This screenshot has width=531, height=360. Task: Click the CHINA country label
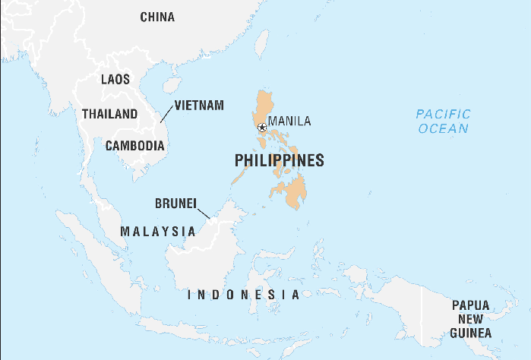(x=157, y=17)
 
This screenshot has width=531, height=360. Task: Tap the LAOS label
(x=115, y=79)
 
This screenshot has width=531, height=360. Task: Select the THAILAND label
(x=110, y=114)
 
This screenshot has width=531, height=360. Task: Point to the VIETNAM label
(x=199, y=105)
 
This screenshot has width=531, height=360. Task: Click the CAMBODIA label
(x=135, y=145)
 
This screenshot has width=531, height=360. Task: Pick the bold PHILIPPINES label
(x=280, y=160)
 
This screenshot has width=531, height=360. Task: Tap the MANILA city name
(x=290, y=121)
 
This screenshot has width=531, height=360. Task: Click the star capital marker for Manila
(x=262, y=128)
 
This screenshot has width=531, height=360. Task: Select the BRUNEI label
(x=175, y=204)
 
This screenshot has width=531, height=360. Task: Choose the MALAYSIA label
(x=158, y=230)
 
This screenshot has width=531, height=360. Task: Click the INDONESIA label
(x=243, y=295)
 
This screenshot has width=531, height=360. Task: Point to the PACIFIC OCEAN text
(x=443, y=121)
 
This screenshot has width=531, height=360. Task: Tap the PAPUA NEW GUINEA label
(x=471, y=319)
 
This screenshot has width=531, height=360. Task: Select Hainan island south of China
(x=172, y=84)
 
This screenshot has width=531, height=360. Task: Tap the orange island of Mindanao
(x=292, y=192)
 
